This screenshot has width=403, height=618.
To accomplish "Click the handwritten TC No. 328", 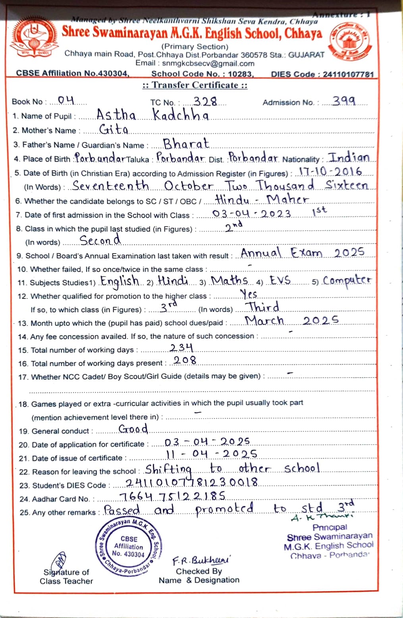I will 205,102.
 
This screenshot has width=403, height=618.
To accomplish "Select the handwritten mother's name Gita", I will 114,130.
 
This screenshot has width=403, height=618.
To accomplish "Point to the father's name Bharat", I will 186,143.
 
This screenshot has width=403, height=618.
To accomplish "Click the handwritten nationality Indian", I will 349,157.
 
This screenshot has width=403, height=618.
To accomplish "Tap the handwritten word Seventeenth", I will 111,186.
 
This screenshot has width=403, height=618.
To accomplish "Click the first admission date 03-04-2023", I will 252,214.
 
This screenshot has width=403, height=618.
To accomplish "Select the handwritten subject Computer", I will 347,281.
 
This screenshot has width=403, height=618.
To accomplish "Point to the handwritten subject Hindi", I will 173,281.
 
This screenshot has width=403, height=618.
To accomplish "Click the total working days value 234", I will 181,348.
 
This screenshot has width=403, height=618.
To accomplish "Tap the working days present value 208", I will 185,360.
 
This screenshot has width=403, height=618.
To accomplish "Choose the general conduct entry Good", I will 133,429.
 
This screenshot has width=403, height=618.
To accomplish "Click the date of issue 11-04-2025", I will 212,454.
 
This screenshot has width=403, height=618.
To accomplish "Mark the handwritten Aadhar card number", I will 172,496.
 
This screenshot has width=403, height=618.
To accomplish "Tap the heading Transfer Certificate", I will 195,85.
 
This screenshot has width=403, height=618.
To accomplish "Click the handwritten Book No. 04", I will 66,101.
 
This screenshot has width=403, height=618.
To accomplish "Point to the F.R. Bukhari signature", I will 201,560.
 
